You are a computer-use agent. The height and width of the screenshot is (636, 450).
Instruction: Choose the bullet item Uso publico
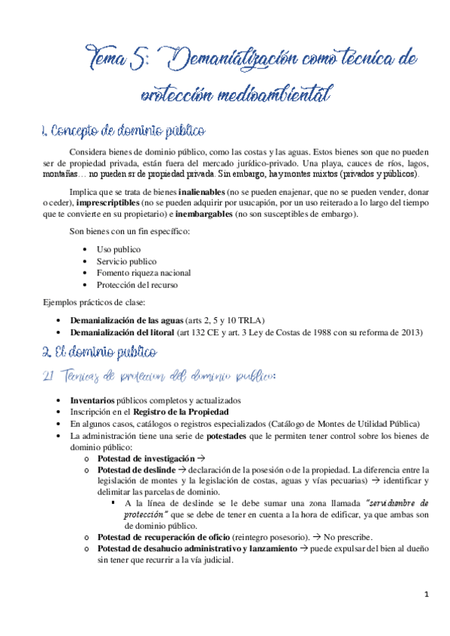(119, 248)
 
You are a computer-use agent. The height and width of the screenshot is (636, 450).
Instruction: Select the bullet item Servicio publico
(126, 260)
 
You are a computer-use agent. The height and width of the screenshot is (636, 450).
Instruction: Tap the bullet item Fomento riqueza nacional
(143, 272)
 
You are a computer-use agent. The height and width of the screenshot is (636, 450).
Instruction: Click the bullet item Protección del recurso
(137, 284)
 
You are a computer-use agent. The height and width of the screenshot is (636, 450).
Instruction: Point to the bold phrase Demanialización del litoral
(124, 331)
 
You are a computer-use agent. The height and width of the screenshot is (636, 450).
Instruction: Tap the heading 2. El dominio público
(99, 352)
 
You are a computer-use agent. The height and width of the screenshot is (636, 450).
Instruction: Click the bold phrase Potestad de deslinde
(135, 469)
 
